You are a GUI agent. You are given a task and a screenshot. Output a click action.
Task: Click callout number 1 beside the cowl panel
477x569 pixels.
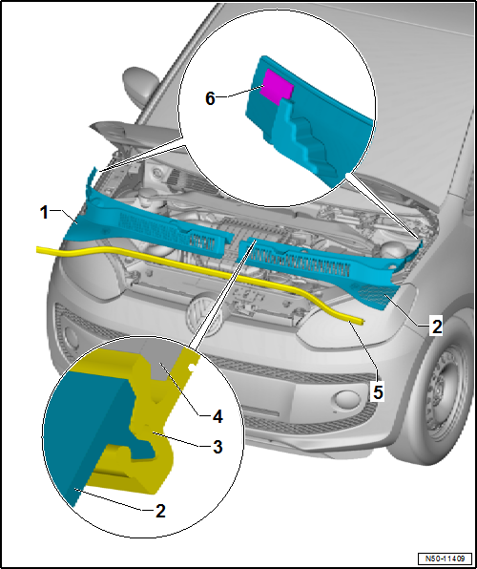tap(44, 212)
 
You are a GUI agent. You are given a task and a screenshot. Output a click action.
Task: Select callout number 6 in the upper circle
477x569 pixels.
tap(211, 98)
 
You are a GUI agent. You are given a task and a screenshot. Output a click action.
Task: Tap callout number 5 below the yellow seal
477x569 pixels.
tap(378, 392)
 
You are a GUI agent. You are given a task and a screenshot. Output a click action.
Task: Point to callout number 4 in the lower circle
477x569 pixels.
tap(218, 417)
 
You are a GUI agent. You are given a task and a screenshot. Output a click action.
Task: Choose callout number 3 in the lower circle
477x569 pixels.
tap(218, 447)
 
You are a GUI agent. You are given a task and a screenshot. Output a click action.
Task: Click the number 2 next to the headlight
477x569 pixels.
tap(436, 327)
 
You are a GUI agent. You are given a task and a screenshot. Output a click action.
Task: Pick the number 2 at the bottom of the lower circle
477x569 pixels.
tap(160, 512)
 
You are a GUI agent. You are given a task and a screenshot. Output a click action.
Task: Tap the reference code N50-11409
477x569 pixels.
tap(445, 558)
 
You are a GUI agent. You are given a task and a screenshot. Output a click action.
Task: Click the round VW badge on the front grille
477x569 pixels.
tap(204, 315)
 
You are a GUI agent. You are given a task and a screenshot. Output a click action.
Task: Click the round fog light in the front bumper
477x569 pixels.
tap(347, 399)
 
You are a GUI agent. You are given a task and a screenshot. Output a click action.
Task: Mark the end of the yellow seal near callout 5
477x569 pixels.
tap(362, 321)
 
